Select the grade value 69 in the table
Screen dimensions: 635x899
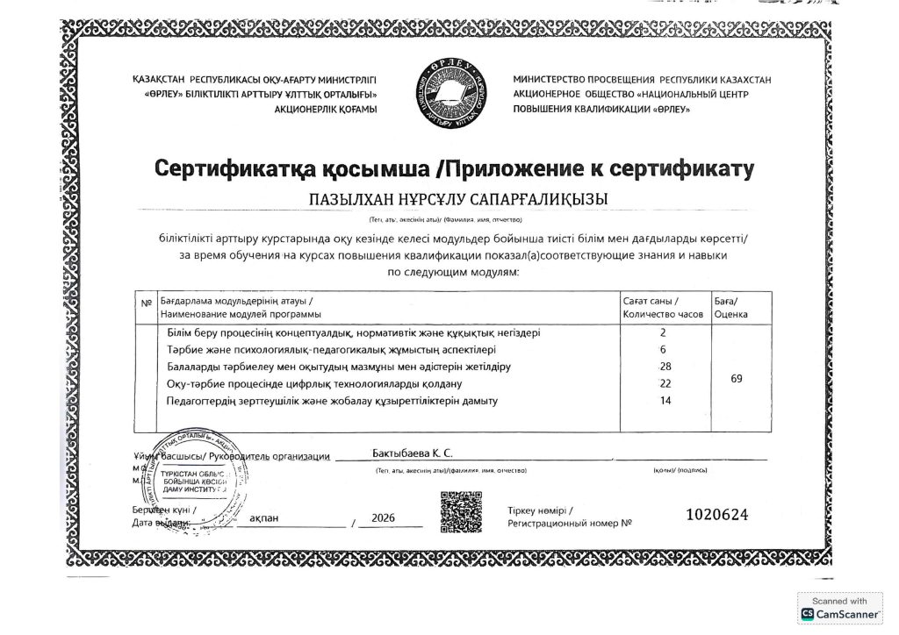737,379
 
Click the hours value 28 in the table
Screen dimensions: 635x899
664,366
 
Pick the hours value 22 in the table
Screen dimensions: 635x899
664,384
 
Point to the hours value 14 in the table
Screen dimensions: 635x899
664,401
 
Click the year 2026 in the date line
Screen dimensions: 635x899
384,518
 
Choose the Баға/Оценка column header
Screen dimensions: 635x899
730,307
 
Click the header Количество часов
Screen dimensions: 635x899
663,313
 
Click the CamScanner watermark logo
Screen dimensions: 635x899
839,608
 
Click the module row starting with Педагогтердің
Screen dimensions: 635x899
332,401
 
